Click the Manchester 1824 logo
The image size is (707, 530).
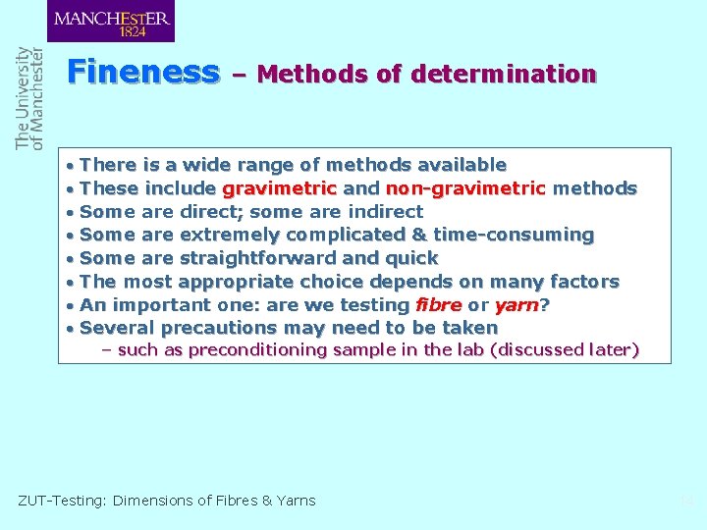click(111, 21)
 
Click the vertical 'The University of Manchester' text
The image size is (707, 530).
click(29, 98)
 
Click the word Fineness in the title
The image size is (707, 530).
click(143, 73)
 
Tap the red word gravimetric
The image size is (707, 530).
click(280, 188)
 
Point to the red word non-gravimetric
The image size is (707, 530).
click(465, 188)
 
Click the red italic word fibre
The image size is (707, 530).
click(438, 304)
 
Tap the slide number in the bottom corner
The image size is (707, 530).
click(686, 501)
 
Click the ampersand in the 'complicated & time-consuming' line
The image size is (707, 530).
click(416, 235)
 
